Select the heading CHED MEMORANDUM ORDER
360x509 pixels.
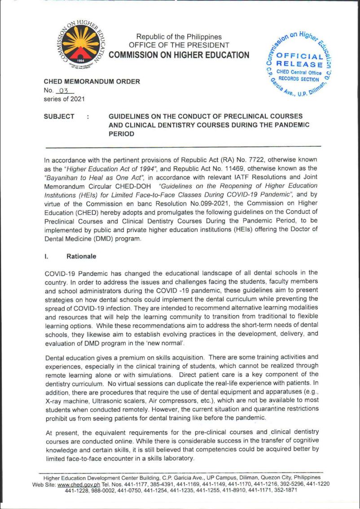coord(92,81)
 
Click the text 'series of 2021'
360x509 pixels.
coord(63,99)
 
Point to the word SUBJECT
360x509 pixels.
coord(59,116)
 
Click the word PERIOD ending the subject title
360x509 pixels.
coord(122,134)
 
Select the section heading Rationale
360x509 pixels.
coord(81,256)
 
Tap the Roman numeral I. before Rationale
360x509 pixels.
coord(46,256)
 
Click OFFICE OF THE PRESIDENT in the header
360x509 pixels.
coord(179,45)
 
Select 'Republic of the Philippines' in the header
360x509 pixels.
coord(179,36)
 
